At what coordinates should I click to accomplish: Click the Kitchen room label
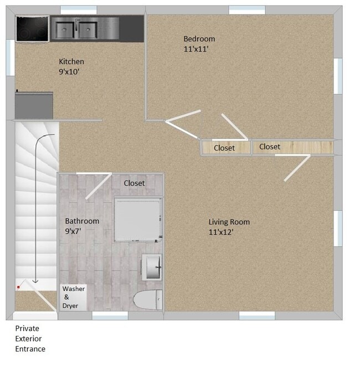[71, 62]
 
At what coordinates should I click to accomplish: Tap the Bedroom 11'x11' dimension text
[196, 49]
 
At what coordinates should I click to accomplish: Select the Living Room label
[229, 222]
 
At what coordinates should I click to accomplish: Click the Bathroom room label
[82, 221]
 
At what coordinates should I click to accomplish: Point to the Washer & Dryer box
[74, 297]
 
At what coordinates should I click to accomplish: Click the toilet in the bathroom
[147, 300]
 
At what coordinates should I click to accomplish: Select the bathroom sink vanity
[152, 267]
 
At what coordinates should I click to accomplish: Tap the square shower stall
[138, 219]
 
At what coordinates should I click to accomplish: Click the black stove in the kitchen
[32, 28]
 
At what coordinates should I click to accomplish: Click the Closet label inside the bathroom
[134, 183]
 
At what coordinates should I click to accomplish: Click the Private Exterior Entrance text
[30, 339]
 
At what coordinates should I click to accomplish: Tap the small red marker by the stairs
[18, 287]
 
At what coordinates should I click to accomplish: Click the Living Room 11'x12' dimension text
[220, 232]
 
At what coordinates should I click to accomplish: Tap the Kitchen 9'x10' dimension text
[70, 71]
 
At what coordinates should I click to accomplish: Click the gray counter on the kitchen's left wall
[34, 105]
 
